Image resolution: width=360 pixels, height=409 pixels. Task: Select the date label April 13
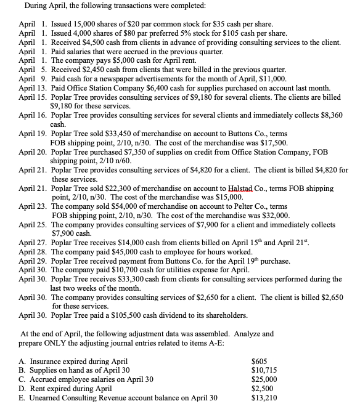[33, 88]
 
